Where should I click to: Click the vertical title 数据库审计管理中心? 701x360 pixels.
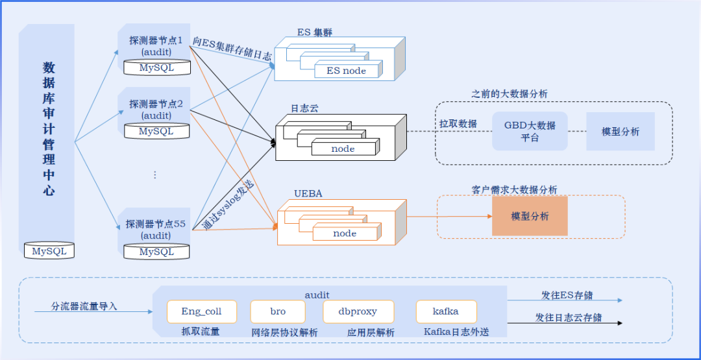click(x=49, y=128)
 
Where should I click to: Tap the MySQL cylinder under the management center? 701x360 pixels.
click(x=49, y=251)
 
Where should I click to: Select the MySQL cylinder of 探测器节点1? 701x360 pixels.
click(x=156, y=67)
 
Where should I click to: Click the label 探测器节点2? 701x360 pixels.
click(x=156, y=104)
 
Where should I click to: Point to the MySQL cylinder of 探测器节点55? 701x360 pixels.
click(x=156, y=252)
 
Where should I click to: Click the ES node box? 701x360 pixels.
click(x=346, y=71)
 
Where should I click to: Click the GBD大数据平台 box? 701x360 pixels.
click(x=530, y=131)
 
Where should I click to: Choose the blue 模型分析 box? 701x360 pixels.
click(x=620, y=131)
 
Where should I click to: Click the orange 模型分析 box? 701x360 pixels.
click(x=530, y=216)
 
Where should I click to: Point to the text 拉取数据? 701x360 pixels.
click(x=458, y=124)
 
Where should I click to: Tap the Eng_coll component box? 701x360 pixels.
click(x=201, y=311)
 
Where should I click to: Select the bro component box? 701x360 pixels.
click(x=278, y=311)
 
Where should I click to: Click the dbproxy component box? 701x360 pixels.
click(x=358, y=311)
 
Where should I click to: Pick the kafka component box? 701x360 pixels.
click(x=446, y=311)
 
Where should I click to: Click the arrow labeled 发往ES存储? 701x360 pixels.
click(x=565, y=301)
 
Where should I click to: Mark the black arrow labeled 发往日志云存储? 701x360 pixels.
click(x=565, y=322)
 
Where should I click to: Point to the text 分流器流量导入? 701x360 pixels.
click(x=84, y=306)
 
